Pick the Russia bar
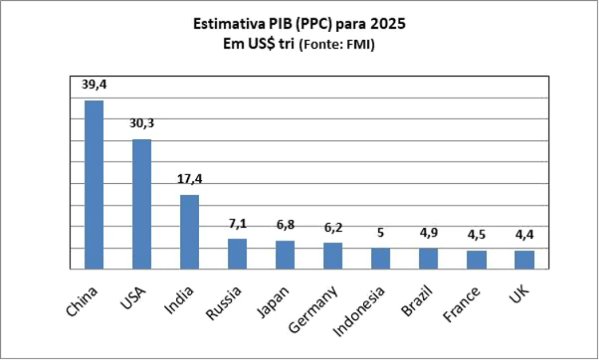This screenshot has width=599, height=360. click(238, 254)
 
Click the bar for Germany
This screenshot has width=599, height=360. click(333, 256)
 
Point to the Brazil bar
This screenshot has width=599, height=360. click(429, 258)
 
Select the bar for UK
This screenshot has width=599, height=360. click(525, 260)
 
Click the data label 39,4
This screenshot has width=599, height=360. click(94, 84)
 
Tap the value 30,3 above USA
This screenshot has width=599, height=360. click(142, 123)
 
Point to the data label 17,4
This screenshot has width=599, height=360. click(190, 178)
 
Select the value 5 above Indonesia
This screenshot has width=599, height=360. click(381, 233)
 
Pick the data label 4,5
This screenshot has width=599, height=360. click(477, 234)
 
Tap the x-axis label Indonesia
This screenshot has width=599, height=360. click(366, 308)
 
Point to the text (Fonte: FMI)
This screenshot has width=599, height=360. click(336, 46)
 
